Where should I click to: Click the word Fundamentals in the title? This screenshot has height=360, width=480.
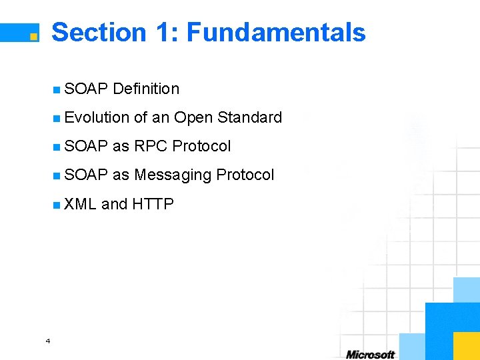pos(276,32)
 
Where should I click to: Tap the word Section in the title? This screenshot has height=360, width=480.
pos(99,32)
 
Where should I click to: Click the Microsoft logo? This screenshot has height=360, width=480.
pos(370,354)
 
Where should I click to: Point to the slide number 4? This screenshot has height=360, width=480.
pos(47,341)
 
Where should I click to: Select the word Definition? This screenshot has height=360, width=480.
pos(146,89)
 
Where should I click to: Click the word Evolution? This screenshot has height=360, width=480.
pos(97,117)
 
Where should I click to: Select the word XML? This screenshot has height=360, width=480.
pos(81,204)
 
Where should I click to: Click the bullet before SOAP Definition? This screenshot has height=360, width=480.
pos(57,89)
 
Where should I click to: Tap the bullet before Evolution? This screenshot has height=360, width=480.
pos(57,118)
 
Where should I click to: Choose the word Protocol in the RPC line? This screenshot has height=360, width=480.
pos(201,146)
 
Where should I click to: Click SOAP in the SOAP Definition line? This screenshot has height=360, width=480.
pos(87,89)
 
